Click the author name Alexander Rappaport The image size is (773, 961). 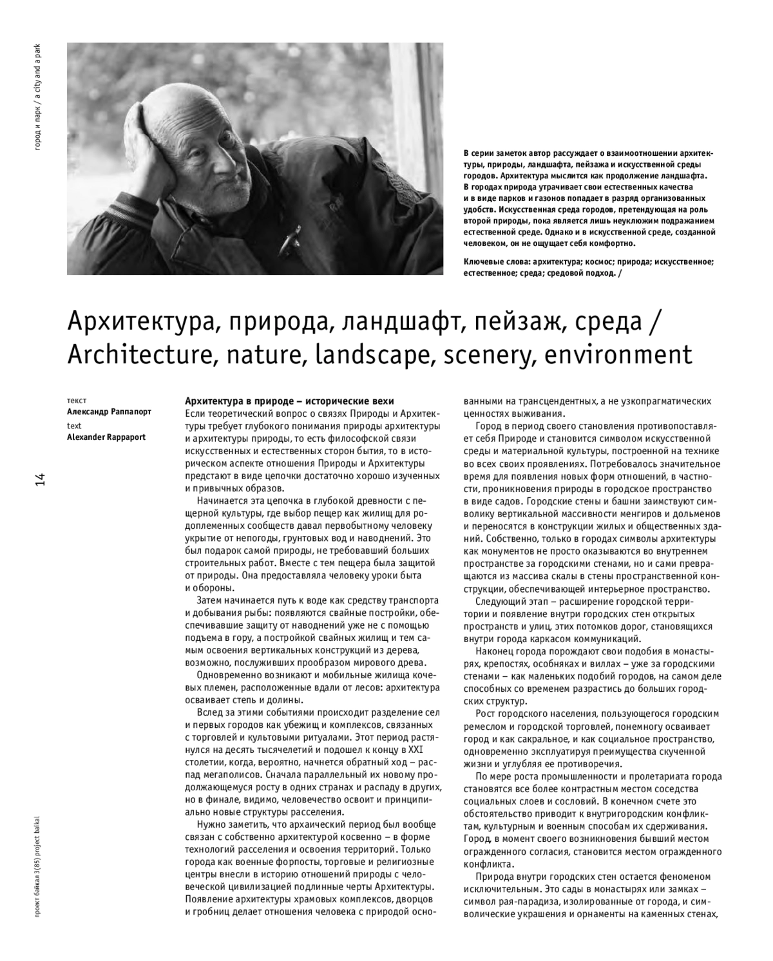pos(106,437)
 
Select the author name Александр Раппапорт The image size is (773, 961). pos(109,412)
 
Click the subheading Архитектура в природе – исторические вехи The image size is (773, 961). pos(289,401)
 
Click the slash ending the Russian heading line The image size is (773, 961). pos(654,320)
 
